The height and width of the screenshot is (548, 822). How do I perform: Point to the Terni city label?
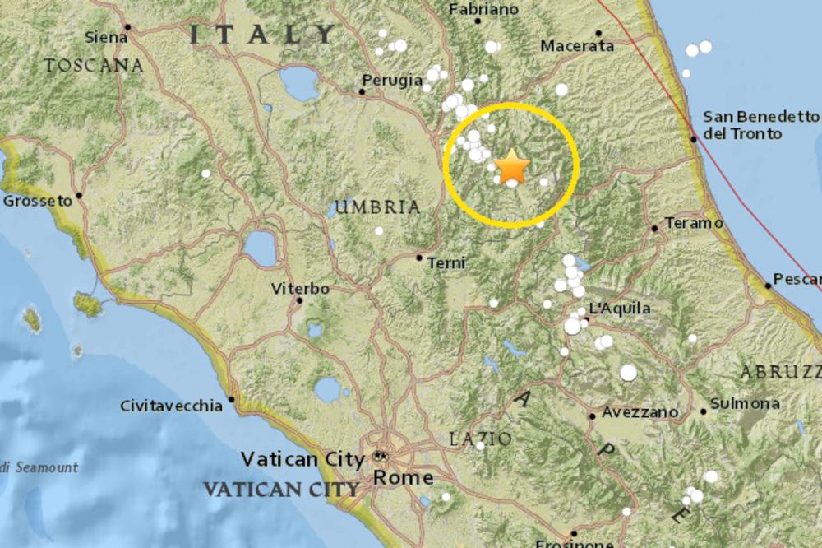point(446,263)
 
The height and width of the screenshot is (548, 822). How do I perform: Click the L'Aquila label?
point(621,309)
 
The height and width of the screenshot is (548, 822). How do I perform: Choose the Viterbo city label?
point(300,289)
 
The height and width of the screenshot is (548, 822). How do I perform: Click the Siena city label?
point(106,36)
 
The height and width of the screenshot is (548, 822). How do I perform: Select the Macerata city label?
point(577,47)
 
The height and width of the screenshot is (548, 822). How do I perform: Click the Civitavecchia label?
point(171,406)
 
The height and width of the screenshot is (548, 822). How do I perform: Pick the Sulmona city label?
point(745,403)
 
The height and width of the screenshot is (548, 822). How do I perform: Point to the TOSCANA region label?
point(94,65)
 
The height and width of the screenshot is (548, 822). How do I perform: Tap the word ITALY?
point(262,34)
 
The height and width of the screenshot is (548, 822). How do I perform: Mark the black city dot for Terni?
point(419,258)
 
